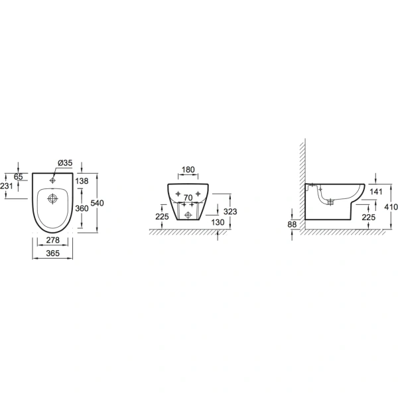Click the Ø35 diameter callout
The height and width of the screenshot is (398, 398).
pos(65,163)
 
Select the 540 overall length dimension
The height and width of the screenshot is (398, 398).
pos(98,203)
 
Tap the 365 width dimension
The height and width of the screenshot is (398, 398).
pos(53,253)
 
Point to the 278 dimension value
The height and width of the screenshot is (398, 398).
pos(53,240)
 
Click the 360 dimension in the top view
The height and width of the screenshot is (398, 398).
pos(82,208)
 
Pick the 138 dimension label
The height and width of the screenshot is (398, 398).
pos(82,181)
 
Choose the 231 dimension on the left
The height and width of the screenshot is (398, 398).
pos(7,186)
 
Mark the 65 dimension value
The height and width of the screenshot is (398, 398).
pos(19,176)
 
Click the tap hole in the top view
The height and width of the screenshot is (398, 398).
pos(52,180)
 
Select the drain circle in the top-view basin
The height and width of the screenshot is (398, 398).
pos(52,199)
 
